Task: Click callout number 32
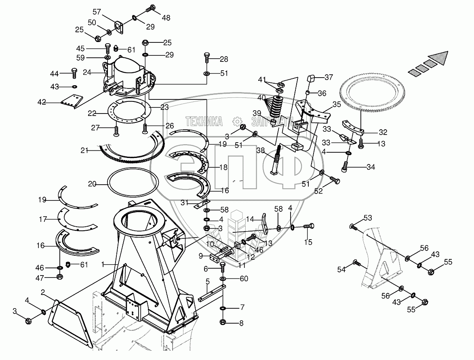[x=383, y=132]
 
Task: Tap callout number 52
[x=319, y=191]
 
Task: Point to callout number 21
[x=84, y=150]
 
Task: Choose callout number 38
[x=261, y=150]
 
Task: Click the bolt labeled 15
[x=310, y=227]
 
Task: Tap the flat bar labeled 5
[x=211, y=292]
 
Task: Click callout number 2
[x=43, y=292]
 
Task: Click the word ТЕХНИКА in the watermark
[x=204, y=120]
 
